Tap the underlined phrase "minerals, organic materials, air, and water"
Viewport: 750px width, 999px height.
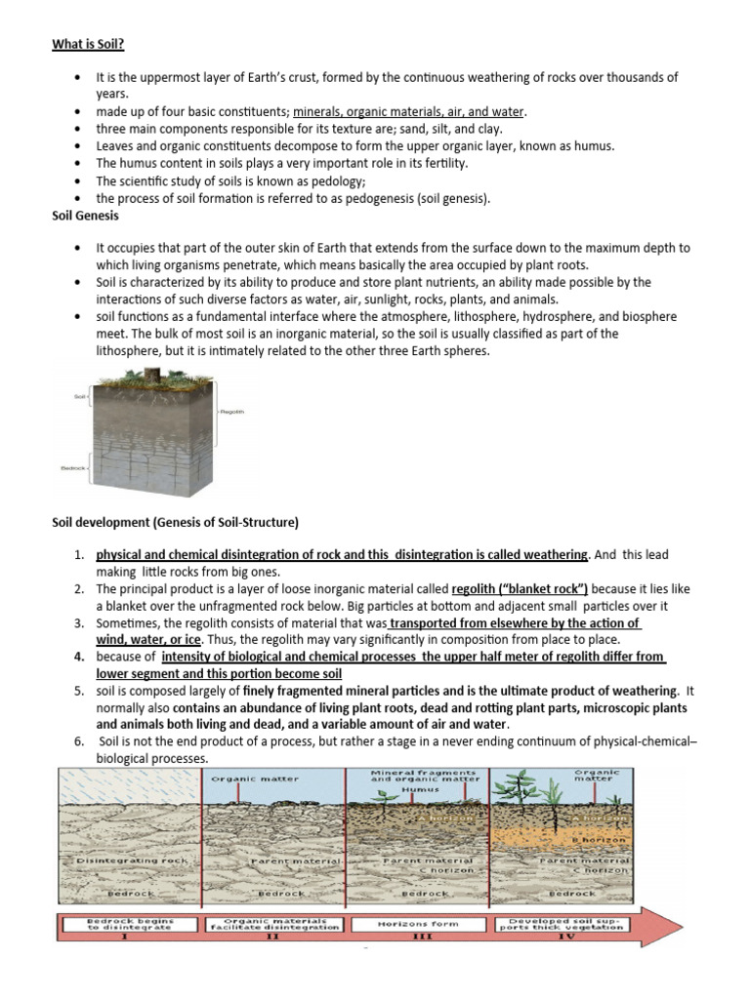408,111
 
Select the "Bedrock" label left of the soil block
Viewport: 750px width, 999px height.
73,468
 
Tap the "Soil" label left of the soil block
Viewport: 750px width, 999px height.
80,397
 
